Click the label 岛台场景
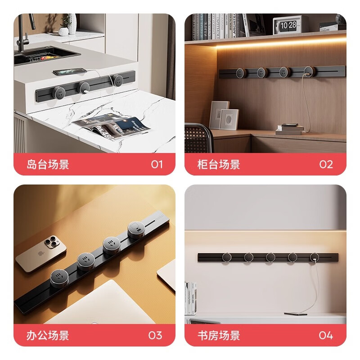click(48, 164)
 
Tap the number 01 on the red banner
click(157, 164)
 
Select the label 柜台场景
click(219, 164)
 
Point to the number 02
click(326, 164)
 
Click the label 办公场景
click(48, 335)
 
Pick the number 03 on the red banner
click(155, 335)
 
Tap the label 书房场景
click(219, 335)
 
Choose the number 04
click(326, 335)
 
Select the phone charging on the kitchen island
click(68, 71)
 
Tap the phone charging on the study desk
click(295, 314)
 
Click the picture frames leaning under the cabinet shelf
click(224, 115)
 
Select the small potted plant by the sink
click(66, 25)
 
